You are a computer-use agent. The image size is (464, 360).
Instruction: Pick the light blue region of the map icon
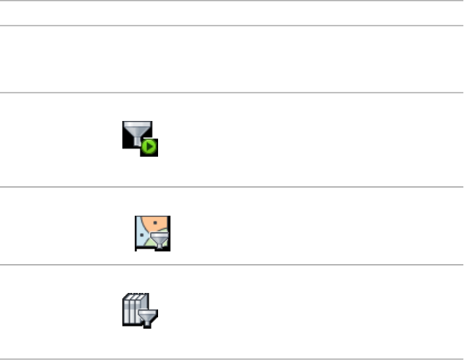(x=143, y=237)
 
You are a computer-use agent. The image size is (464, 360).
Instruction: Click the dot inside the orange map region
(x=155, y=224)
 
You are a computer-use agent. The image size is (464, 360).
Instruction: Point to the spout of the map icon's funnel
(x=160, y=246)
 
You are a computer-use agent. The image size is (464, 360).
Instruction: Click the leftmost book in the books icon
(x=125, y=310)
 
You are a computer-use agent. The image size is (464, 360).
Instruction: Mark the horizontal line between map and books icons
(x=232, y=265)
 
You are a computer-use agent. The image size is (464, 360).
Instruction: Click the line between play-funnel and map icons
(x=232, y=187)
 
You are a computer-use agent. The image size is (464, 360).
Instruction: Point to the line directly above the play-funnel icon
(x=232, y=92)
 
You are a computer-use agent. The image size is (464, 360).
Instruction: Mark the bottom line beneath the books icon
(x=232, y=359)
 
